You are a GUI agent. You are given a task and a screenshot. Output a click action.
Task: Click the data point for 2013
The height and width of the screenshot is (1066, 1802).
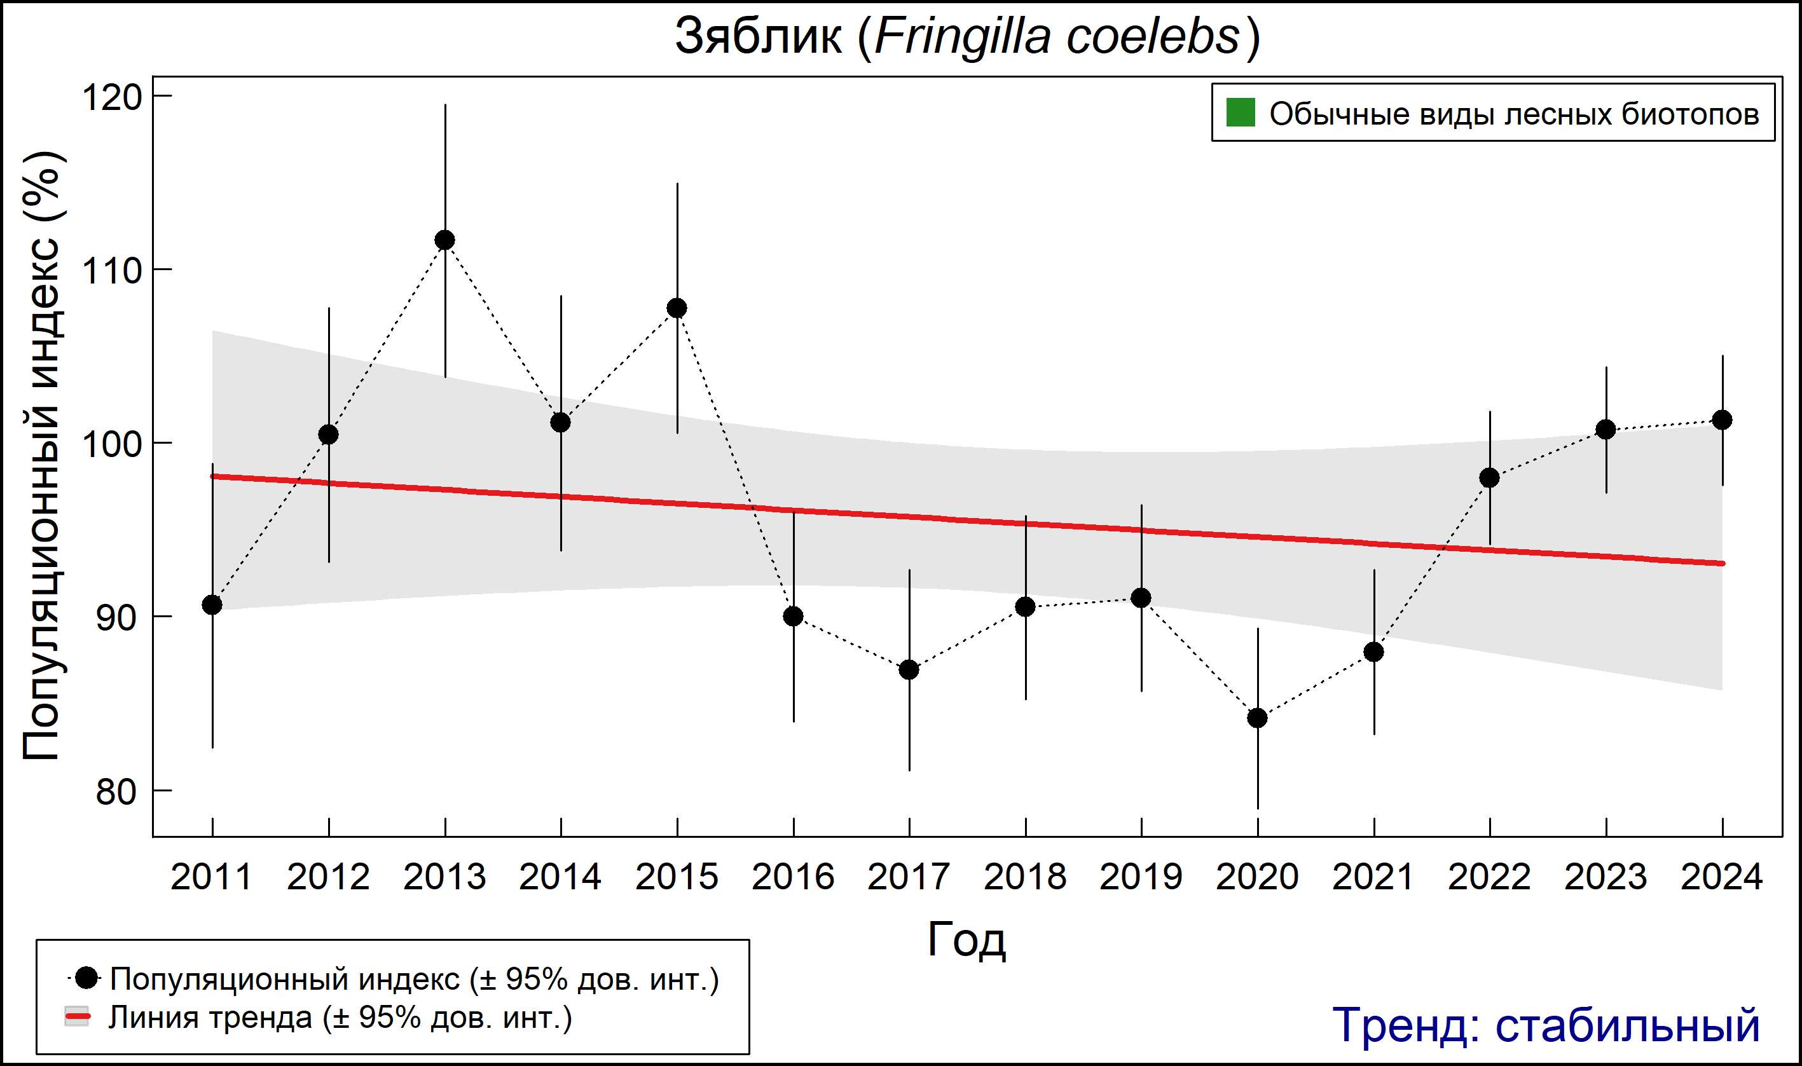tap(444, 240)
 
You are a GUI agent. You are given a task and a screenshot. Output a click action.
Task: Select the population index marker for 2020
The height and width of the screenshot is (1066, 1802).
tap(1257, 718)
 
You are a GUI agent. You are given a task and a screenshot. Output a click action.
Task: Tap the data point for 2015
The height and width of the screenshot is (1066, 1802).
tap(677, 308)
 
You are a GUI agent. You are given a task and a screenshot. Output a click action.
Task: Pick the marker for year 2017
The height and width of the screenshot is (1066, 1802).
tap(909, 669)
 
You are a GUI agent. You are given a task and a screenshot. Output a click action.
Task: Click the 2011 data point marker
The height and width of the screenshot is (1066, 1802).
tap(212, 605)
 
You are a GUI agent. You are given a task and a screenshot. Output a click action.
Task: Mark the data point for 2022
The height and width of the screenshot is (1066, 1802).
tap(1489, 477)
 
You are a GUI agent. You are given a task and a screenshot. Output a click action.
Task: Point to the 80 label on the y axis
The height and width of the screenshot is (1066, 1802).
tap(115, 792)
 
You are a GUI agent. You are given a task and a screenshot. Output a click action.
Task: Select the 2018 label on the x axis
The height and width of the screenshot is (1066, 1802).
tap(1024, 877)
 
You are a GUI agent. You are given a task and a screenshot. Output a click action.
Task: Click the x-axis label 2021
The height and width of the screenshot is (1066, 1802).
tap(1373, 877)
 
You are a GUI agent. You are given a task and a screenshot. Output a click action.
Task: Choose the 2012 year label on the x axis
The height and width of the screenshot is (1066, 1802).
tap(328, 877)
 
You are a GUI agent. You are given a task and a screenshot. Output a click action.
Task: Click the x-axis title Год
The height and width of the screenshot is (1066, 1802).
tap(966, 940)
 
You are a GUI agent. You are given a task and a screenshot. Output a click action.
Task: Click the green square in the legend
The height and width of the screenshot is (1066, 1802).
tap(1240, 113)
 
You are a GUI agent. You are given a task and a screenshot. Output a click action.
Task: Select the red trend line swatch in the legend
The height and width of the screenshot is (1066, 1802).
tap(78, 1017)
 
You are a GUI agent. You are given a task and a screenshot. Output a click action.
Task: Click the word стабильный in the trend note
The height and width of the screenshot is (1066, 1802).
tap(1627, 1025)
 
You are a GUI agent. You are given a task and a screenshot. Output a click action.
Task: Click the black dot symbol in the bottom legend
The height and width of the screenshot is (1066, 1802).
tap(87, 978)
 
